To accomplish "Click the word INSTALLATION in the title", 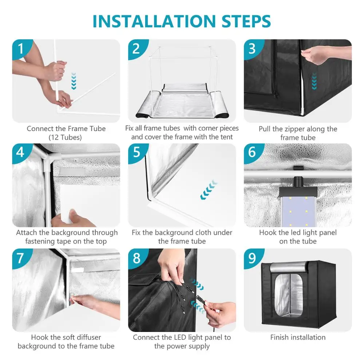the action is pyautogui.click(x=154, y=21).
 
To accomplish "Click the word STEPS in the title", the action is pyautogui.click(x=246, y=21).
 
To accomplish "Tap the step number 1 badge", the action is pyautogui.click(x=21, y=48).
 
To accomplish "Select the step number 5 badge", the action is pyautogui.click(x=137, y=152).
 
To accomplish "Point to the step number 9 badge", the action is pyautogui.click(x=252, y=258).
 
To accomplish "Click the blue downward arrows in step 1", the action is pyautogui.click(x=74, y=81).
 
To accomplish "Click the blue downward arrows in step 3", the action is pyautogui.click(x=314, y=81).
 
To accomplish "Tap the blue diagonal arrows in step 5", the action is pyautogui.click(x=209, y=190).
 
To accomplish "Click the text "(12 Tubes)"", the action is pyautogui.click(x=65, y=138).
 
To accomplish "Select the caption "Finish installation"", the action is pyautogui.click(x=298, y=337).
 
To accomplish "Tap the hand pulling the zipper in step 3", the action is pyautogui.click(x=325, y=55).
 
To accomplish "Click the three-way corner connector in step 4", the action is pyautogui.click(x=48, y=160).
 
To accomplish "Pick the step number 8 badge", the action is pyautogui.click(x=137, y=258).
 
